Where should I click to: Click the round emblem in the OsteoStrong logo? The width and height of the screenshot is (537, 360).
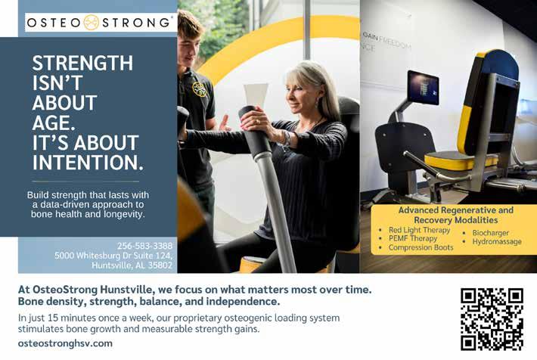click(92, 23)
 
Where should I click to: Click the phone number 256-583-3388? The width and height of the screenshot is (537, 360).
click(145, 246)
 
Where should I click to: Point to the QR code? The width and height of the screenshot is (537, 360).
click(492, 319)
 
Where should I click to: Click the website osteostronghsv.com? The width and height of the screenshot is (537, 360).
click(65, 343)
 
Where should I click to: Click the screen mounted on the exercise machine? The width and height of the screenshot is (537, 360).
click(423, 87)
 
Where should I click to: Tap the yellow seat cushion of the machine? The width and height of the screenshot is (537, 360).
click(461, 160)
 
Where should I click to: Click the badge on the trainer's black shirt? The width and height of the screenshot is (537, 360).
click(200, 89)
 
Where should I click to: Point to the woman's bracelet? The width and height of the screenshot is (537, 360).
click(287, 138)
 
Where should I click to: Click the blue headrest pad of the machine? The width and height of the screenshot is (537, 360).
click(498, 64)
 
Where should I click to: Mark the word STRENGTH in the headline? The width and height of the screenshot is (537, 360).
click(82, 63)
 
